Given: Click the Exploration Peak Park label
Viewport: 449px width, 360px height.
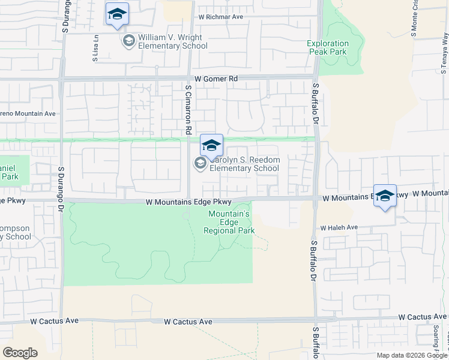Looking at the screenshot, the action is (328, 48).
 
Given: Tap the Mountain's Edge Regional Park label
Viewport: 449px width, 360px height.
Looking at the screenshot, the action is (229, 223).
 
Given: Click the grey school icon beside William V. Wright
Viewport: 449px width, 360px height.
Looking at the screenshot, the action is (127, 41).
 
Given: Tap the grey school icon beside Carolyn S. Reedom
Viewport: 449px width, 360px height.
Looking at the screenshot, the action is (199, 163).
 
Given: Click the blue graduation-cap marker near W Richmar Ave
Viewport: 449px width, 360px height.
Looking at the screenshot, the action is (117, 14).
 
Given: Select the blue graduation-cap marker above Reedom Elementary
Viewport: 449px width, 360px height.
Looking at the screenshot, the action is (211, 145).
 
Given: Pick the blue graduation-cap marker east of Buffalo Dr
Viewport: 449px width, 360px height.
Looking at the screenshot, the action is (385, 196).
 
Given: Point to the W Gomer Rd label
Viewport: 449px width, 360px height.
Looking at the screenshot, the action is (216, 79).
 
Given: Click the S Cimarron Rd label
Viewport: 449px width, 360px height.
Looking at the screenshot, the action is (188, 109).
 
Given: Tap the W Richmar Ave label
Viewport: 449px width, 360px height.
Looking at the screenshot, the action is (221, 17).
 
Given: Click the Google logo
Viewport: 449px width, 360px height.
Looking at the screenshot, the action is (20, 353).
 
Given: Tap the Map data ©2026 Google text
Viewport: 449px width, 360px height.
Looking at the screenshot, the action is (412, 355).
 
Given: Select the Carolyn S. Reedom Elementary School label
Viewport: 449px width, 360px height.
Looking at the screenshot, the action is (244, 164).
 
